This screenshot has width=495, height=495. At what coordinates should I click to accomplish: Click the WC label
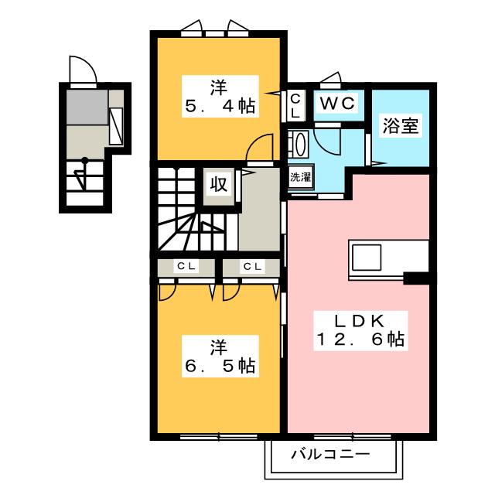pyautogui.click(x=336, y=103)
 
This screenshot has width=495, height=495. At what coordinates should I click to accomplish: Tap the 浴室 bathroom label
pyautogui.click(x=401, y=127)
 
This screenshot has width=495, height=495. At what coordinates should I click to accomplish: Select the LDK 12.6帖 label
pyautogui.click(x=360, y=330)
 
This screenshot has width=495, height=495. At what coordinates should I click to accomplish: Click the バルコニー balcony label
pyautogui.click(x=330, y=454)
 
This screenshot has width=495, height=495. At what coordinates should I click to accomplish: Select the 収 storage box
pyautogui.click(x=219, y=184)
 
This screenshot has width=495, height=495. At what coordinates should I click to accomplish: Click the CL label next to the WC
pyautogui.click(x=296, y=104)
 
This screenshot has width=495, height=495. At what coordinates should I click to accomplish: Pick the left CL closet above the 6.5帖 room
pyautogui.click(x=186, y=267)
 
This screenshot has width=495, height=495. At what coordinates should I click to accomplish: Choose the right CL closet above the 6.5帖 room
pyautogui.click(x=251, y=267)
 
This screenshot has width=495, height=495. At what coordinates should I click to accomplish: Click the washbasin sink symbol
pyautogui.click(x=299, y=144)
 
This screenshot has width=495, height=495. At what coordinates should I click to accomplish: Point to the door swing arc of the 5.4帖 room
pyautogui.click(x=264, y=147)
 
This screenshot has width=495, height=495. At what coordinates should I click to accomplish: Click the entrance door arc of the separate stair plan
pyautogui.click(x=81, y=69)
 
